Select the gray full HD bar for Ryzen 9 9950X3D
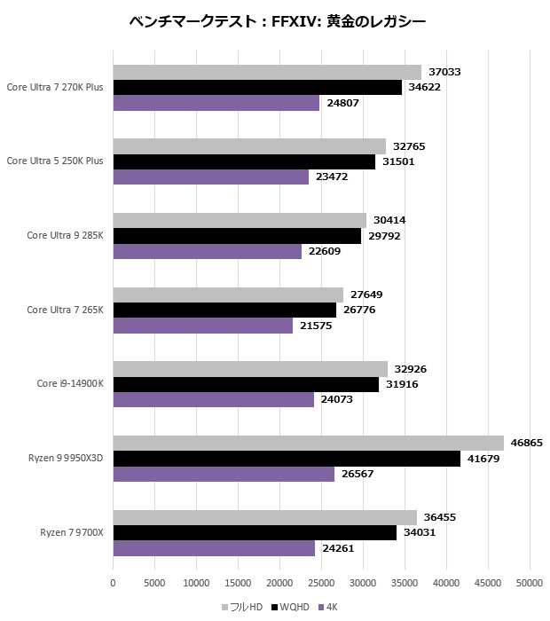coord(308,443)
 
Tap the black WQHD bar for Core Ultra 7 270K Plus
coord(257,87)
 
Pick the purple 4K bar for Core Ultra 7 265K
coord(202,326)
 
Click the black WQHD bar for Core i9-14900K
coord(246,384)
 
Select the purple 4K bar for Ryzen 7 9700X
coord(214,548)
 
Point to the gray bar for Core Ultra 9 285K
coord(240,220)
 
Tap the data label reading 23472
coord(332,177)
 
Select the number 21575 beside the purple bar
coord(315,326)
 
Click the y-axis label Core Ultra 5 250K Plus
coord(55,161)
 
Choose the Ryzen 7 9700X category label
coord(72,532)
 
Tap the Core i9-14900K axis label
coord(70,384)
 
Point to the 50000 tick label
coord(530,583)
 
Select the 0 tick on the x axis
coord(113,583)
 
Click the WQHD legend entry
coord(291,607)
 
